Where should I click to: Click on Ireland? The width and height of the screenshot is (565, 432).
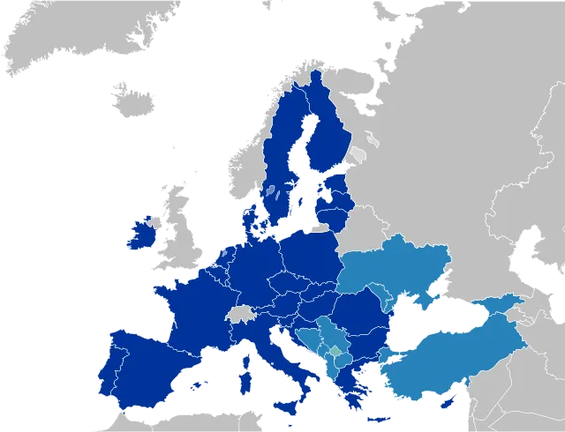point(139,235)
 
